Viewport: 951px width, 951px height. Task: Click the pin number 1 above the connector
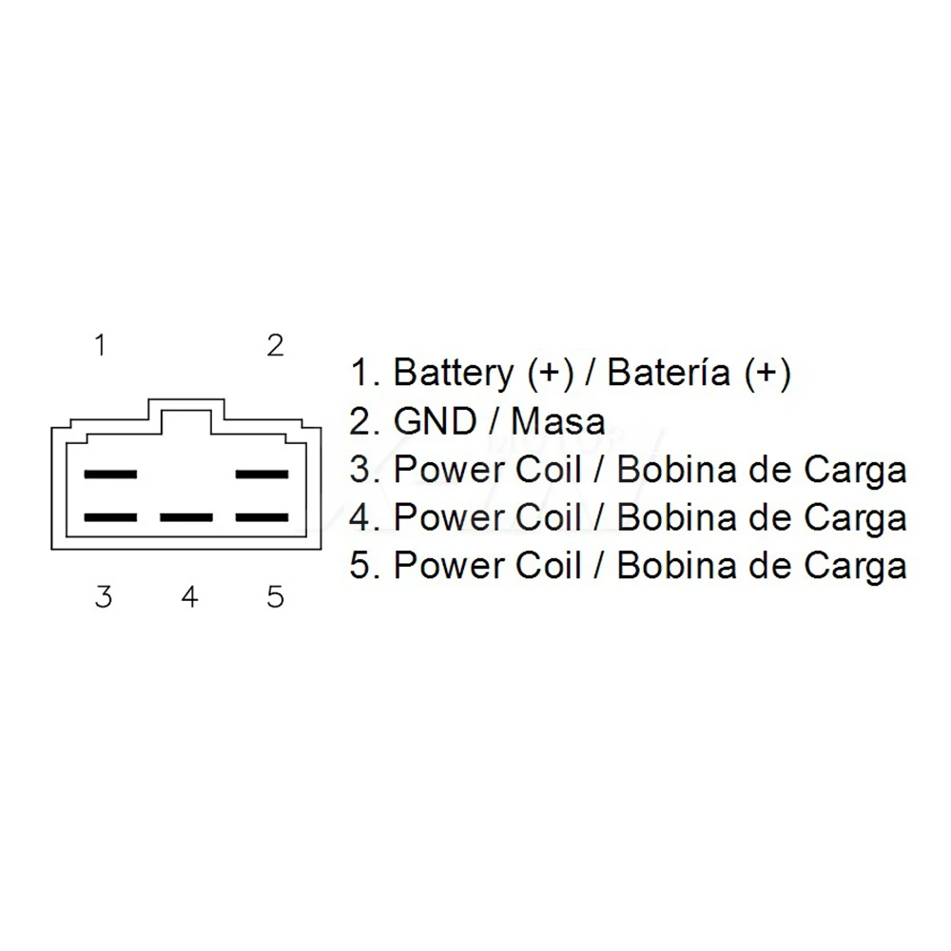pos(100,345)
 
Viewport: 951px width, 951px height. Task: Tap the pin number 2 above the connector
pos(275,345)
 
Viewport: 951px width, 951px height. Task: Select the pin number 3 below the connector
pos(103,596)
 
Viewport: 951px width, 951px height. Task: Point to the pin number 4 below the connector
pos(189,596)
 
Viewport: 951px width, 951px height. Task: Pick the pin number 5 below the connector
pos(275,596)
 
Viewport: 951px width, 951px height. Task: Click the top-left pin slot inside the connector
pos(110,474)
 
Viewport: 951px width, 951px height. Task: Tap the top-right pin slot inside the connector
pos(262,474)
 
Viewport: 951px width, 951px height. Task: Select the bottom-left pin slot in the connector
pos(110,517)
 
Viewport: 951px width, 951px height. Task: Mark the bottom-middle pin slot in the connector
pos(186,517)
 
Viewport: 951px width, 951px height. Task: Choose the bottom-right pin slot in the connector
pos(262,517)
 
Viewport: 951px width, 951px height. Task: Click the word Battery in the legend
pos(455,373)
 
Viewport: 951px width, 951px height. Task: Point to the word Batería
pos(670,373)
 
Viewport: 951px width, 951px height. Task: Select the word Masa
pos(558,420)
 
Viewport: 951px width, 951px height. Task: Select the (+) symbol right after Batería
pos(767,373)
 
